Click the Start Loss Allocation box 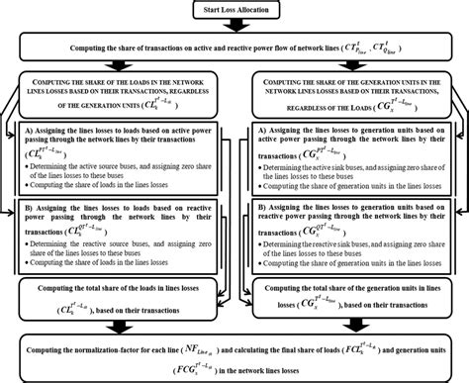click(x=234, y=11)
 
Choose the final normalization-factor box click(x=234, y=355)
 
